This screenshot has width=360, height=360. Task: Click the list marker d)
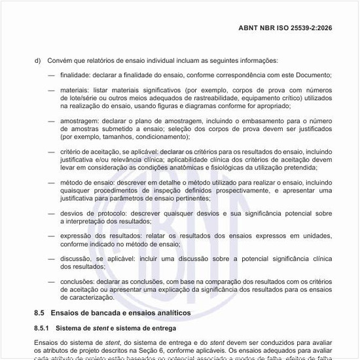[37, 61]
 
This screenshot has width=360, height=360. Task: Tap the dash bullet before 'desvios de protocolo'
[51, 213]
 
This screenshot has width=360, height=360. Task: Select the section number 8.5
[38, 313]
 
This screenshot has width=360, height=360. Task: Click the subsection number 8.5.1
[43, 327]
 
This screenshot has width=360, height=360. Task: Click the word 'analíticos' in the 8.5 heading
[169, 313]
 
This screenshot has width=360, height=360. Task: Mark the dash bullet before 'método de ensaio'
[51, 183]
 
